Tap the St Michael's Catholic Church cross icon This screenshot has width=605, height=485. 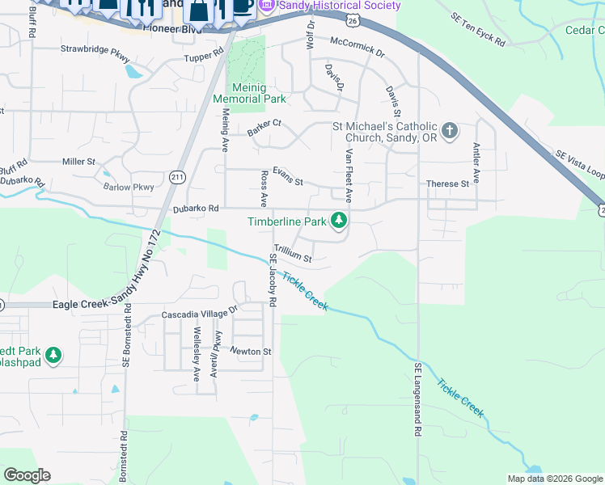click(450, 129)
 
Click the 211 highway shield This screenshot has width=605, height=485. click(178, 176)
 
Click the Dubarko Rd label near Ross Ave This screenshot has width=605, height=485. click(196, 209)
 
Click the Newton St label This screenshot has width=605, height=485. click(250, 352)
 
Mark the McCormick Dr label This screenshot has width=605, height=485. click(357, 49)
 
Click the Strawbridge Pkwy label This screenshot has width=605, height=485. click(95, 49)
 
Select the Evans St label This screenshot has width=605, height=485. click(287, 177)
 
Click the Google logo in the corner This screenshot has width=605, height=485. click(27, 474)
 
